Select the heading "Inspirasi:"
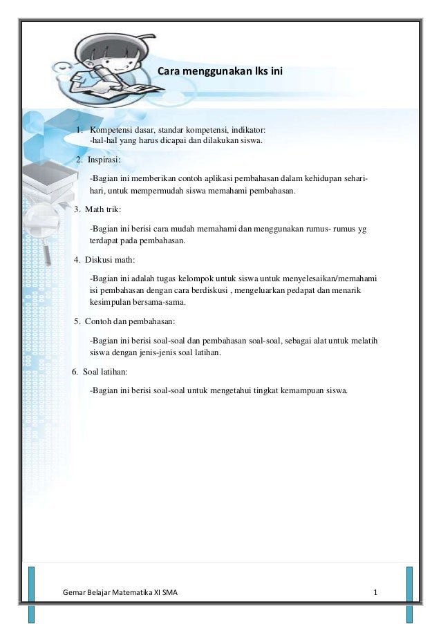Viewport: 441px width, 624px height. (104, 160)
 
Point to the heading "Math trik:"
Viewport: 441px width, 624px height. (102, 210)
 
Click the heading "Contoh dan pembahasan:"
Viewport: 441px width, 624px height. (129, 321)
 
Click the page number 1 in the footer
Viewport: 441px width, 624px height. (375, 593)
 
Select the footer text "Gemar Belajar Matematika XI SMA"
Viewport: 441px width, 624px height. (120, 593)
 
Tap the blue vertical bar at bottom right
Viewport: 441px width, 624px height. (409, 594)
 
